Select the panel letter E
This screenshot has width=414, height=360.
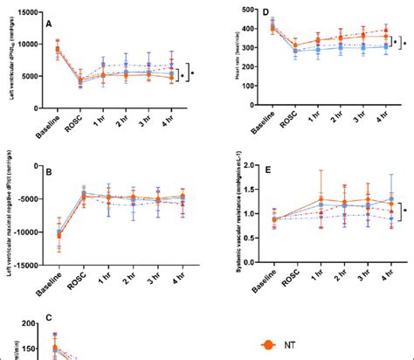(263, 171)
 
